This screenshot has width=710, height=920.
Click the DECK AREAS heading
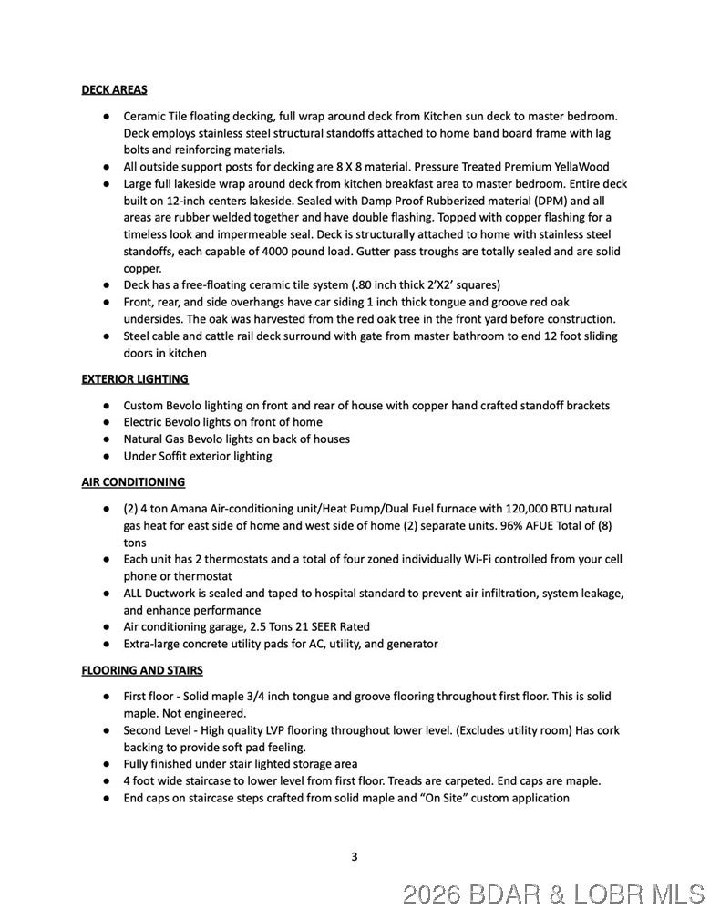pyautogui.click(x=114, y=89)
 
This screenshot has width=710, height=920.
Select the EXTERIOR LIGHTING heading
pyautogui.click(x=135, y=378)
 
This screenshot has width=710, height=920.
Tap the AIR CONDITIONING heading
pyautogui.click(x=133, y=481)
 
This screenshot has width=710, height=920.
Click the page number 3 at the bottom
pyautogui.click(x=355, y=856)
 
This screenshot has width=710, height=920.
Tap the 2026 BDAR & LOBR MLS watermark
pyautogui.click(x=553, y=894)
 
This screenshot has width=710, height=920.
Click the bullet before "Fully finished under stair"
pyautogui.click(x=107, y=764)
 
